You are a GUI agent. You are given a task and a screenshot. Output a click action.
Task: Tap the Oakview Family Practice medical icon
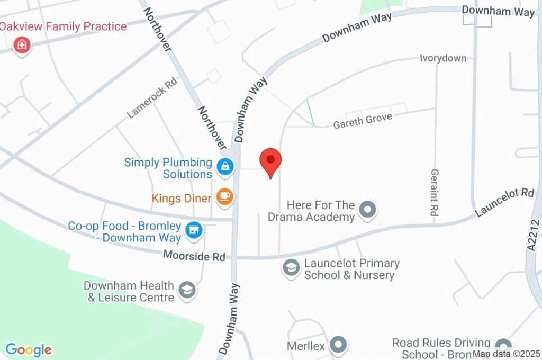22,44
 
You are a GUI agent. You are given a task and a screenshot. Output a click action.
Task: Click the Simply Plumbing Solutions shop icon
225,166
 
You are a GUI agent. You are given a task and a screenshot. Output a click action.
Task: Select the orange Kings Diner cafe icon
225,197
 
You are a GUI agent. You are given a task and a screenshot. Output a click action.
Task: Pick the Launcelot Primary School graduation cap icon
291,267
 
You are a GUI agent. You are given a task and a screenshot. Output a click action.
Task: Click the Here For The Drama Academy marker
367,209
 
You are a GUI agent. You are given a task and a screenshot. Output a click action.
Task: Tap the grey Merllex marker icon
337,345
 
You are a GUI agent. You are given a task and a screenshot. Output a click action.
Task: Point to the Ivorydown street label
443,58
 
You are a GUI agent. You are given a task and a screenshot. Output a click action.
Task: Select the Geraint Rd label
435,192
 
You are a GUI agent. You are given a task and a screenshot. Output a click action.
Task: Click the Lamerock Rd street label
152,99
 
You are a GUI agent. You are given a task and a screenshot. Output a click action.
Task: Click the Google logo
29,350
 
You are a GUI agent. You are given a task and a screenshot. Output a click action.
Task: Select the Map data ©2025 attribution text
505,354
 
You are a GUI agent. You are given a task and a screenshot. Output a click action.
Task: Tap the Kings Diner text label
182,199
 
